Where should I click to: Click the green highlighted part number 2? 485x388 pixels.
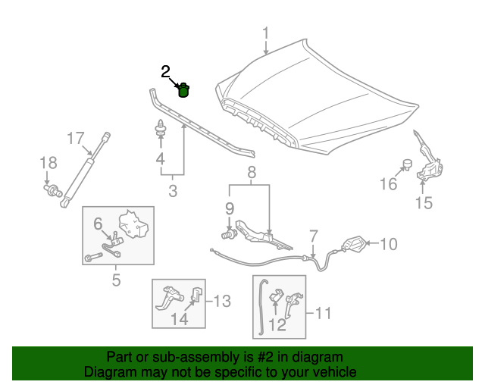coord(183,91)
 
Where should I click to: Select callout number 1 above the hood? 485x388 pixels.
coord(266,33)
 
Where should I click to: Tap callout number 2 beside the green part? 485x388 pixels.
coord(166,72)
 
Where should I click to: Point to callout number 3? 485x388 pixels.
coord(173,191)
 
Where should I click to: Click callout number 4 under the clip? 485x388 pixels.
coord(160,158)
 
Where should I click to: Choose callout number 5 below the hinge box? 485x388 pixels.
coord(116,280)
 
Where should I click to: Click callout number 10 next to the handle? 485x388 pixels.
coord(387,244)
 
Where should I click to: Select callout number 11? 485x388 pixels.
coord(324,311)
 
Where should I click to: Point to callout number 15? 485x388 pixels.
coord(424,202)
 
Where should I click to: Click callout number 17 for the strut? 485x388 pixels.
coord(75,138)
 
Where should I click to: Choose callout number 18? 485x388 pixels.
coord(48,163)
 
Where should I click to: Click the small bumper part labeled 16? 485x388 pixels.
coord(406,163)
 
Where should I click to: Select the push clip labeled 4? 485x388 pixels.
coord(161,129)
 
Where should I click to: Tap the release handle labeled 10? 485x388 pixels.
coord(353,245)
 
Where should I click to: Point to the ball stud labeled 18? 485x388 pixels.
coord(52,190)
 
